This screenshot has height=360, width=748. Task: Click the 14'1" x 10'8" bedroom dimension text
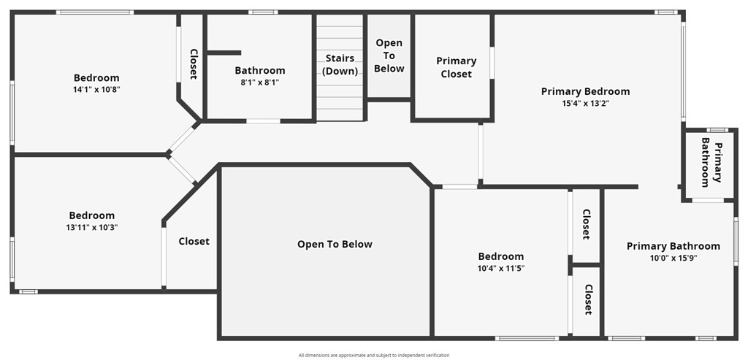pos(96,90)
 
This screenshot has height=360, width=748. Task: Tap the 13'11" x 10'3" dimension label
pos(92,227)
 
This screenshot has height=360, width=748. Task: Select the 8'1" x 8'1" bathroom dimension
pos(260,83)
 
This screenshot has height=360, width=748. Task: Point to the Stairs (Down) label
pos(340,65)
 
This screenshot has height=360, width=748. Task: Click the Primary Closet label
pos(456,67)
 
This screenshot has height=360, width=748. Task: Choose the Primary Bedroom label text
pos(585,91)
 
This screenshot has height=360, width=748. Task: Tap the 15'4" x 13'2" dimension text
pos(585,104)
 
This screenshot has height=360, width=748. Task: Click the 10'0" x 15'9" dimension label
pos(673,258)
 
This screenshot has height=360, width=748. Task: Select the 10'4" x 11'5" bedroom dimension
pos(501,268)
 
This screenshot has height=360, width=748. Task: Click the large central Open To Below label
pos(335,244)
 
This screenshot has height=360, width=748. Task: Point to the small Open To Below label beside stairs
pos(389,55)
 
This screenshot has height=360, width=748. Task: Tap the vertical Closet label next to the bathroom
pos(194,64)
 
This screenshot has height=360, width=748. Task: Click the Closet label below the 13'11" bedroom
pos(194,241)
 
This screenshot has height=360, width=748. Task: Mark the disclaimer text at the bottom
pos(374,355)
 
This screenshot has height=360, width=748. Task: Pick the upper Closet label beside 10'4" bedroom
pos(586,224)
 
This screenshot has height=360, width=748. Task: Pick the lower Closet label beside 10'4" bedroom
pos(587,299)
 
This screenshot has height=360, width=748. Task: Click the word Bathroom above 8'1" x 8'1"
pos(260,71)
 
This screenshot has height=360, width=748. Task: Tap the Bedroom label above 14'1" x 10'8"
pos(96,78)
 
